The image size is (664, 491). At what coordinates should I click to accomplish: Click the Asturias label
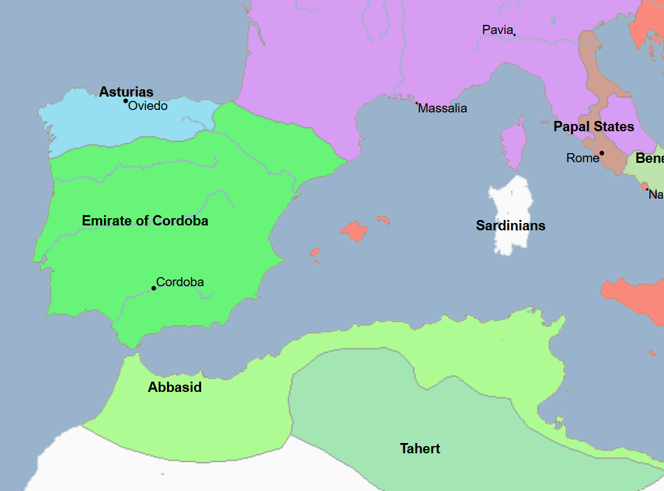126,92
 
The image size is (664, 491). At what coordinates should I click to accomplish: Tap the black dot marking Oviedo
126,101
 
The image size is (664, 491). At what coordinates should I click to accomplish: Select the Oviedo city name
148,106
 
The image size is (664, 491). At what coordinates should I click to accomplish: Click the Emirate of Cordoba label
145,221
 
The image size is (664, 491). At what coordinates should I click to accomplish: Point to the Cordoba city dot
154,288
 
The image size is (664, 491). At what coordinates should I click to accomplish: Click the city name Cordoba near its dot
180,282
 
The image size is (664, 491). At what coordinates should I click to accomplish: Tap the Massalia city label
443,109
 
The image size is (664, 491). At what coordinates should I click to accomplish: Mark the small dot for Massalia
417,103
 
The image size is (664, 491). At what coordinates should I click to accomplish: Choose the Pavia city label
498,29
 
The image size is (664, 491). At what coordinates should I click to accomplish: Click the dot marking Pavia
514,34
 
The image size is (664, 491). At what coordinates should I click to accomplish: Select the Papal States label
594,127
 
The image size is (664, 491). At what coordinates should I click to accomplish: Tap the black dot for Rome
601,153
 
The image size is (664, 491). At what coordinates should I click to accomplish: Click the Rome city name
583,158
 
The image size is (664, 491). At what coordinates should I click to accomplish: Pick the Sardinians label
510,226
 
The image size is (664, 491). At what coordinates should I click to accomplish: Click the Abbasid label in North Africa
174,387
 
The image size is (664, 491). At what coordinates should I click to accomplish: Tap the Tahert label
420,449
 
